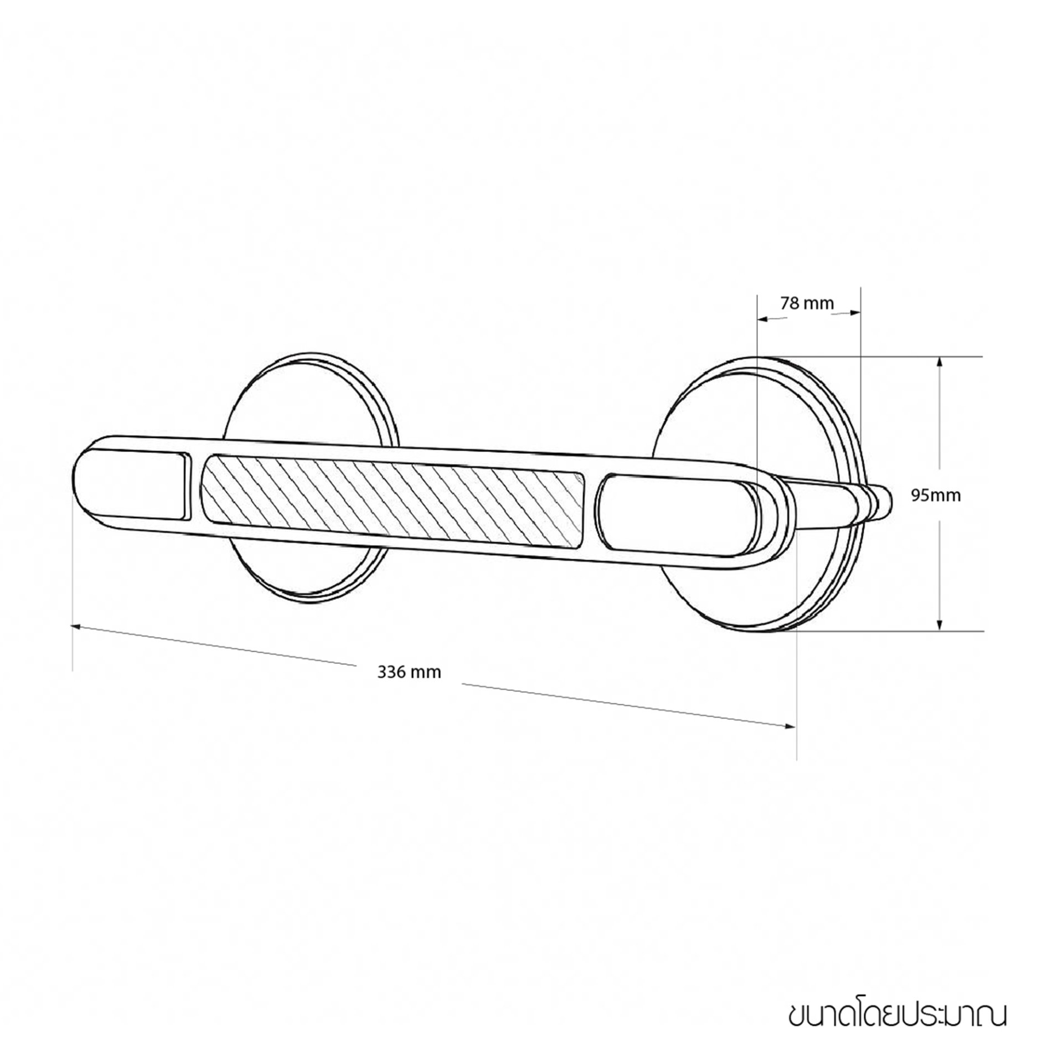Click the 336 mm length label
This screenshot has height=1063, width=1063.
pyautogui.click(x=409, y=673)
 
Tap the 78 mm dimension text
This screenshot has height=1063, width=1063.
pyautogui.click(x=807, y=303)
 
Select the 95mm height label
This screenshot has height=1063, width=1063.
pyautogui.click(x=936, y=496)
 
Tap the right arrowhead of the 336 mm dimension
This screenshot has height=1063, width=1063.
pyautogui.click(x=790, y=726)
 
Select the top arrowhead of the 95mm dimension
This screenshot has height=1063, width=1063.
pyautogui.click(x=940, y=362)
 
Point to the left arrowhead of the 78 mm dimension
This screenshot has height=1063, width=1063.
pyautogui.click(x=763, y=319)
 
